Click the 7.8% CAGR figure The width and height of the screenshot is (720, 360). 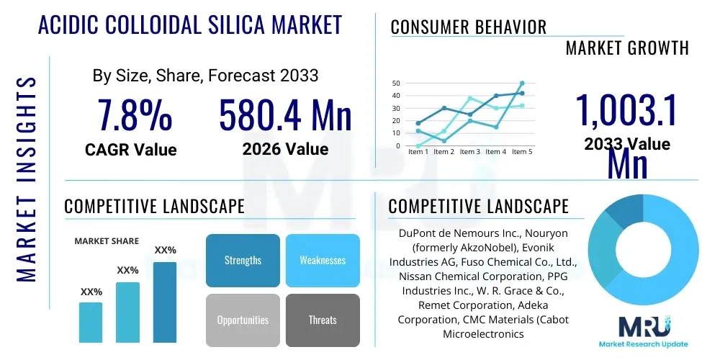[x=135, y=116]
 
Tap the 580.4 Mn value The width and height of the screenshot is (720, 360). [x=285, y=116]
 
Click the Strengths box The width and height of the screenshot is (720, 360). [x=243, y=260]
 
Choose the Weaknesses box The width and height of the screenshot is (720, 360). [x=323, y=260]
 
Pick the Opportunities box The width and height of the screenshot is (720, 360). [x=243, y=320]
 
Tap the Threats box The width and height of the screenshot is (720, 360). [x=323, y=320]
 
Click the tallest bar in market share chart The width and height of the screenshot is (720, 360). [x=165, y=302]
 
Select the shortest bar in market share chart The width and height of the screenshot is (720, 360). [x=91, y=322]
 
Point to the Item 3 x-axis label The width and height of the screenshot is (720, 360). [x=469, y=152]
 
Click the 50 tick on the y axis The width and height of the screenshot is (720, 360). [x=396, y=84]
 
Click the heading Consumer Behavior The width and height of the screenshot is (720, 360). [x=469, y=27]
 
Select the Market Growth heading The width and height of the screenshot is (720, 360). [x=627, y=48]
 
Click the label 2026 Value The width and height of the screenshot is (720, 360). [x=285, y=149]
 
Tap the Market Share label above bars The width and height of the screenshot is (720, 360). [x=107, y=241]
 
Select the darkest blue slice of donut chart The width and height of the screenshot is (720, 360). [x=623, y=212]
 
